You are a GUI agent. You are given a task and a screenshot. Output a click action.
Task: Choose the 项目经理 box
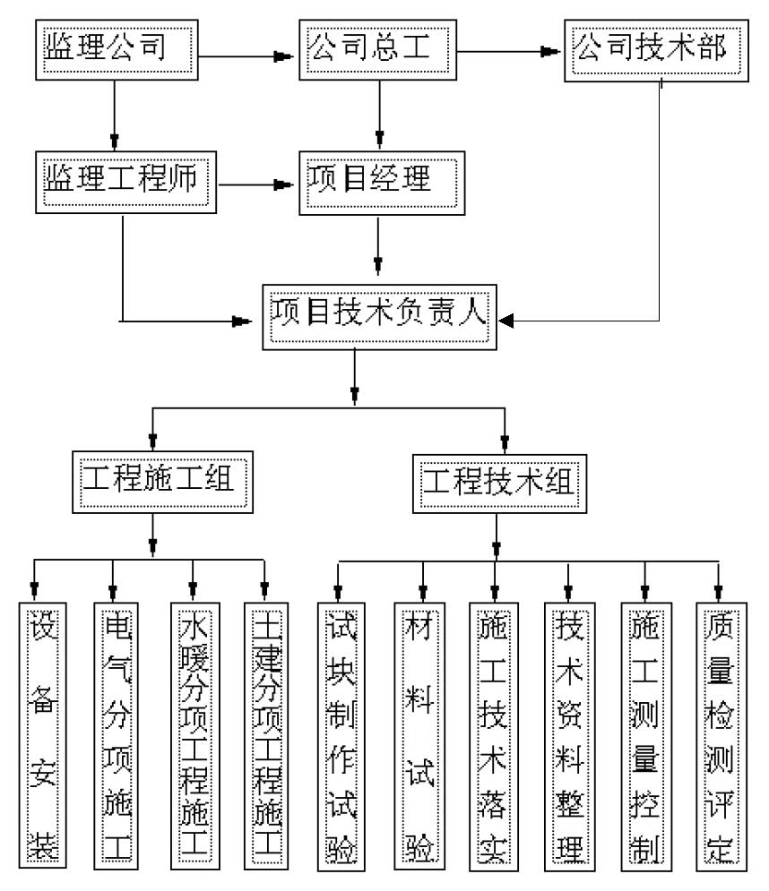[x=380, y=182]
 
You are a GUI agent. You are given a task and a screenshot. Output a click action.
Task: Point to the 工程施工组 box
[x=158, y=481]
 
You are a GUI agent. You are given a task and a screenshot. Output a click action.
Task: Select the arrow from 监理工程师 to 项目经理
[x=258, y=185]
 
